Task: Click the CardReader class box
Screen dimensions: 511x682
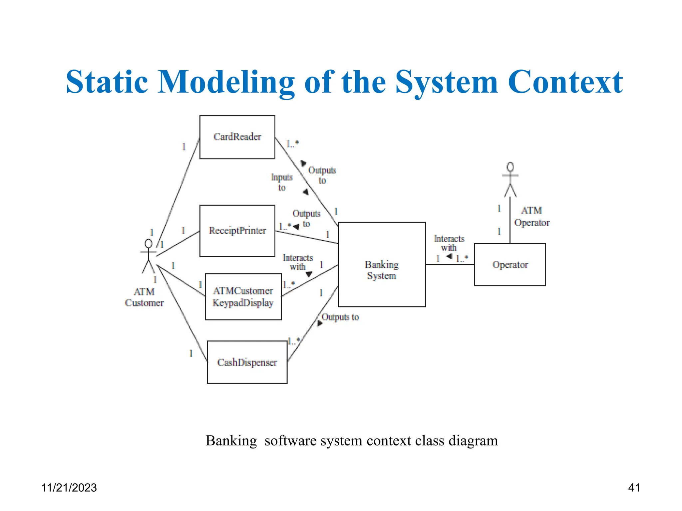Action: pos(237,137)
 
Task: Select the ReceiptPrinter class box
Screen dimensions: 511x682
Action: pos(237,231)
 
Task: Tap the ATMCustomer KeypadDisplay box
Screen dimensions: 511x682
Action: pos(243,297)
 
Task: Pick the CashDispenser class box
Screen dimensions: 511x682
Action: pos(247,362)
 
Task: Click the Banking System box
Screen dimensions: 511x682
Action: pos(382,264)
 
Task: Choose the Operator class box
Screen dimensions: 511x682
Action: pos(510,264)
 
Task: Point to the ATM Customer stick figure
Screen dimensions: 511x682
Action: pos(149,256)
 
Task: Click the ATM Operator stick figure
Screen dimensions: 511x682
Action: pos(510,180)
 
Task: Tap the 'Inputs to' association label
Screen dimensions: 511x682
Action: pos(282,182)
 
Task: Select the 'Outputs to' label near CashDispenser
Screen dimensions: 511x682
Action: pos(340,317)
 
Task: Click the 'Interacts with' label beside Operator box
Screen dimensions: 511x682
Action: pos(449,243)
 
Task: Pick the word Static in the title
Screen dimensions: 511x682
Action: pos(107,82)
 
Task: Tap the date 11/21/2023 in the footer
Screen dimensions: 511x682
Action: pos(69,488)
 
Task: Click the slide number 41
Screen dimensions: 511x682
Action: pos(634,488)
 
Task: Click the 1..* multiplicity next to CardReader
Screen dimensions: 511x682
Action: pos(292,144)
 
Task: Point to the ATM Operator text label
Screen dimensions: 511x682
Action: pos(531,217)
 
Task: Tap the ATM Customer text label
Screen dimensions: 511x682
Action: pos(144,297)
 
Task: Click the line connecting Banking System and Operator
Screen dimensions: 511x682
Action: pos(450,264)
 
